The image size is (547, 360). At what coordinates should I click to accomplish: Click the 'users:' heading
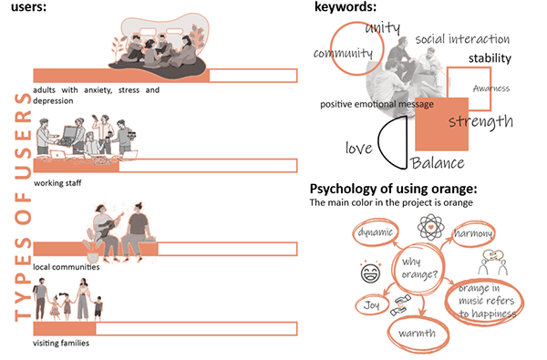click(x=27, y=7)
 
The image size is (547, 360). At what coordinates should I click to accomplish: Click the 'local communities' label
click(x=66, y=266)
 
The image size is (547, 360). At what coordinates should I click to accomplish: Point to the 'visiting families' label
click(x=61, y=343)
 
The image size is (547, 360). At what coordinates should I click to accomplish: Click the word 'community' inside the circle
click(x=343, y=53)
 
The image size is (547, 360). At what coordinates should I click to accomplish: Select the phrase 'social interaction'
click(x=462, y=40)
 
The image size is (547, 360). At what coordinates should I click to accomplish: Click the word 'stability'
click(x=490, y=59)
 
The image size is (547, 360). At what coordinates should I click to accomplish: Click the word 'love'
click(x=358, y=147)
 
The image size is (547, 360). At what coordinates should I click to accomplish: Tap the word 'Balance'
click(x=438, y=163)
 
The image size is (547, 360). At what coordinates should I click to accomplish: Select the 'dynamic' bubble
click(x=376, y=233)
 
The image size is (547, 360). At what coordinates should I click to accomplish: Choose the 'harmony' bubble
click(x=473, y=235)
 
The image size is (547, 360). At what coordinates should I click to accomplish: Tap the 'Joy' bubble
click(x=369, y=305)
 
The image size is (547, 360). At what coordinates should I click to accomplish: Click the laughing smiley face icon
click(x=370, y=271)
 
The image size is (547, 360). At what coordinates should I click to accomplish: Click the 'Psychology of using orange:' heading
click(x=394, y=189)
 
